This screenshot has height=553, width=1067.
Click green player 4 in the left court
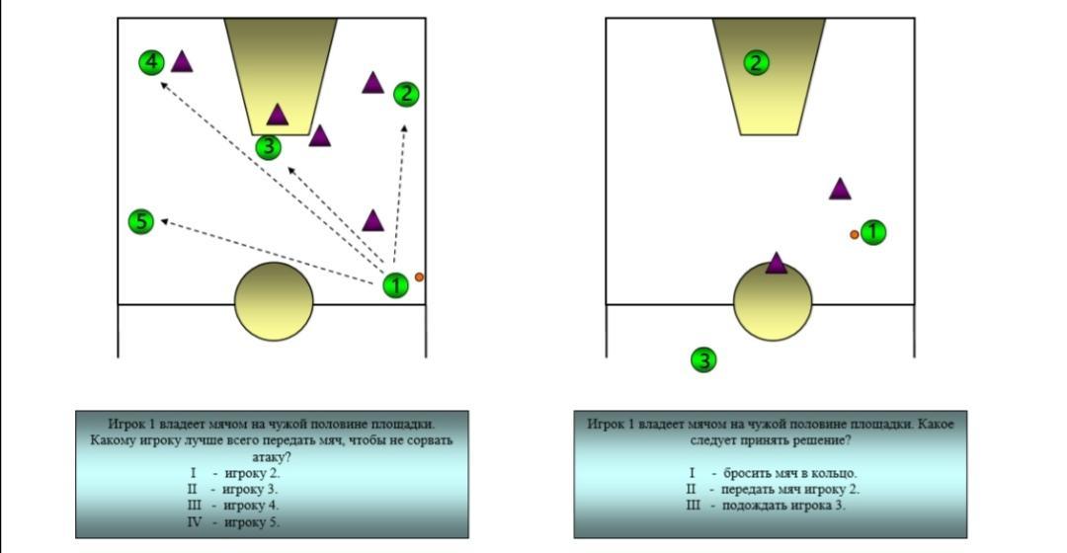click(x=151, y=63)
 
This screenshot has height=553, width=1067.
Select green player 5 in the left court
click(x=141, y=221)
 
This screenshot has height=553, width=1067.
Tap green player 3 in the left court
click(x=268, y=148)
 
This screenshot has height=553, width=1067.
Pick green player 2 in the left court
click(x=406, y=95)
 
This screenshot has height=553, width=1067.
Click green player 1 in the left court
click(x=395, y=286)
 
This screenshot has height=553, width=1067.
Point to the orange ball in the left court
click(x=419, y=277)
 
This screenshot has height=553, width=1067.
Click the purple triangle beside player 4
click(x=181, y=62)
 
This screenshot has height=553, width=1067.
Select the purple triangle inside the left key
click(x=278, y=116)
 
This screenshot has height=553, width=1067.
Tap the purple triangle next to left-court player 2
click(x=372, y=83)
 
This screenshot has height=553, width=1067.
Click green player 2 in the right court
click(x=756, y=63)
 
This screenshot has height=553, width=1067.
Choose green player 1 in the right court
click(x=873, y=233)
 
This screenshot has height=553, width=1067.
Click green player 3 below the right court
click(x=702, y=360)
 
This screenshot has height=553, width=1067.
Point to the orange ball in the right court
click(x=855, y=234)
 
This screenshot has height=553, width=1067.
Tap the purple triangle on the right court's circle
click(x=777, y=264)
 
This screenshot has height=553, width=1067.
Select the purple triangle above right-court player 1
click(x=840, y=190)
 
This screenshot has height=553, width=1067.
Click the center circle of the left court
click(x=274, y=302)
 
